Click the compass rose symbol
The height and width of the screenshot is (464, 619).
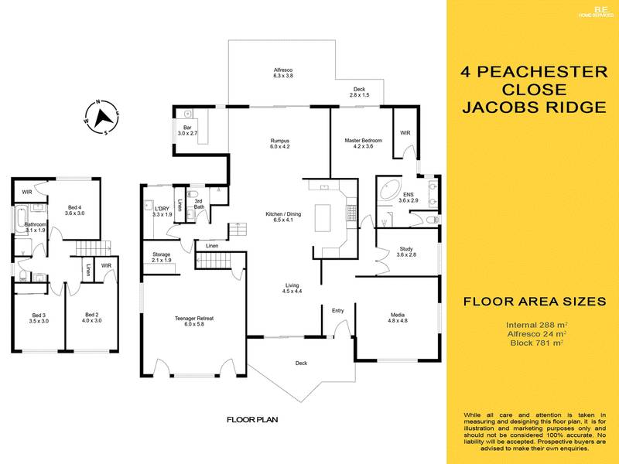[101, 117]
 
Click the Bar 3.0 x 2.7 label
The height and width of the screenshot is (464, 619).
[188, 131]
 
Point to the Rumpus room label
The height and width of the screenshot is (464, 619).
[279, 144]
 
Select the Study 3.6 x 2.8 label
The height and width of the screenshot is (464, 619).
[406, 252]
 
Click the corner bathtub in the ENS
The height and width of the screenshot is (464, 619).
[388, 190]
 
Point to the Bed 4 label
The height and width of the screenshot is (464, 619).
[75, 210]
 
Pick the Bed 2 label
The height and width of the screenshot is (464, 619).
[91, 319]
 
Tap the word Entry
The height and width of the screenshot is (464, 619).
[338, 311]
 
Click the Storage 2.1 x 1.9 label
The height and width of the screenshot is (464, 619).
[161, 257]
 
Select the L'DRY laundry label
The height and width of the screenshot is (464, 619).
[162, 211]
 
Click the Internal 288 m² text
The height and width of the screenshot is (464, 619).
[537, 325]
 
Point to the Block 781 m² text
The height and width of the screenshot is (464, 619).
[537, 342]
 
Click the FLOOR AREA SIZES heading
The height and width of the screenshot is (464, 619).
[533, 302]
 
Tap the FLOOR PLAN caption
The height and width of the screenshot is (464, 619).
[252, 420]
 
